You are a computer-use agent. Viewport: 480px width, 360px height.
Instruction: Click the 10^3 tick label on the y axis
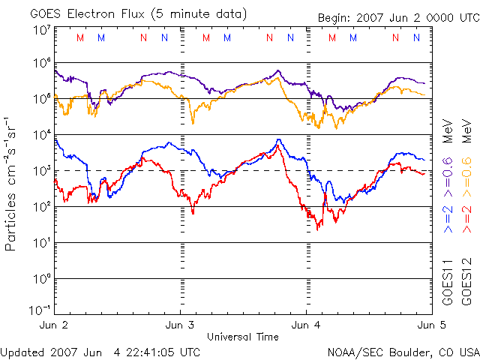click(41, 170)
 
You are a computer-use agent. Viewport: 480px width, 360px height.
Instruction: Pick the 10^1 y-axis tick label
click(41, 242)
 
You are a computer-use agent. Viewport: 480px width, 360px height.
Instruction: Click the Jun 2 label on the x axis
click(53, 325)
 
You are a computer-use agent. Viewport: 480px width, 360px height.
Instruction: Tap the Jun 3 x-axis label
click(179, 325)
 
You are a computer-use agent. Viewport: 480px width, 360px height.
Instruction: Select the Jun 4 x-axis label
click(305, 325)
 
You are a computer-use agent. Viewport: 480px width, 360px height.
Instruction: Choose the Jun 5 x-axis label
click(429, 325)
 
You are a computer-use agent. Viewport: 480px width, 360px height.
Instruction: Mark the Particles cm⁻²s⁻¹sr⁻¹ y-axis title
click(12, 183)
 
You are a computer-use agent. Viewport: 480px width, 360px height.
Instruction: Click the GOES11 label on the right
click(448, 283)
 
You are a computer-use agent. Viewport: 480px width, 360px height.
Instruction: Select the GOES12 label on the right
click(466, 283)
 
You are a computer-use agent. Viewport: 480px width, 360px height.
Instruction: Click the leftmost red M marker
click(81, 37)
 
